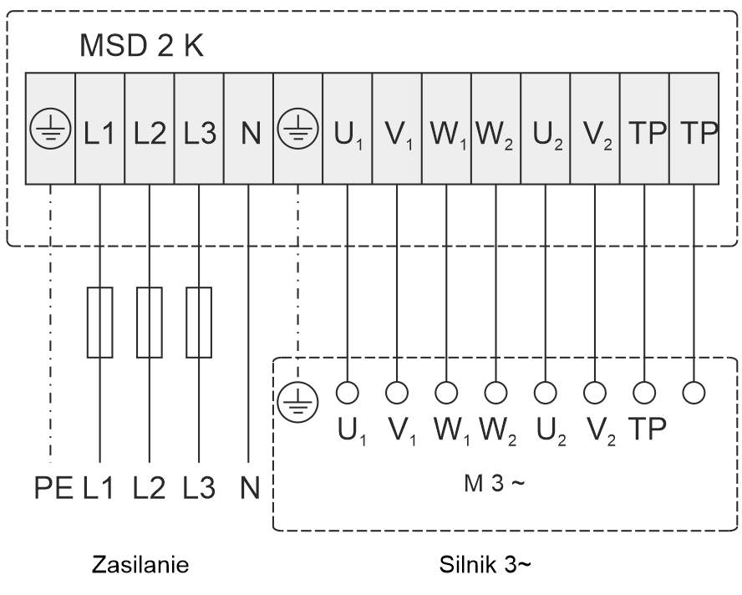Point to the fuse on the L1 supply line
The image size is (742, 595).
(99, 323)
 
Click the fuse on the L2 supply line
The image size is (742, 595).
(149, 323)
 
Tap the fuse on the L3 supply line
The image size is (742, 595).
(198, 323)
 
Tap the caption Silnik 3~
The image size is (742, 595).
(485, 566)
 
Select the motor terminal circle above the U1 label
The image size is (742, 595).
(348, 391)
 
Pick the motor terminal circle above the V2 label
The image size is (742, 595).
(595, 391)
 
